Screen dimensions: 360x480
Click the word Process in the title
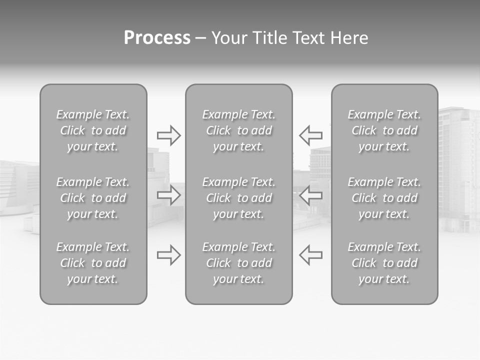(x=157, y=38)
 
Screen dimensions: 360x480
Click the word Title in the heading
(x=268, y=38)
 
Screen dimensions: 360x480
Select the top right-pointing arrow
(x=169, y=135)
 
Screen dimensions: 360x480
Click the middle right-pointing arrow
(x=169, y=195)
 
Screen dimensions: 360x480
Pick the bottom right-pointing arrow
(x=169, y=255)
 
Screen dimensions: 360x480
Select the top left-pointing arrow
(x=310, y=135)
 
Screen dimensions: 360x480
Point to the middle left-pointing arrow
(x=310, y=195)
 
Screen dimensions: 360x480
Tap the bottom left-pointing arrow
(x=310, y=255)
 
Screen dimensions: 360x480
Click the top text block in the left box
(x=93, y=130)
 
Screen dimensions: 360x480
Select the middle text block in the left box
(x=93, y=198)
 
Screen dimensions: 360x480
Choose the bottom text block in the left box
(x=93, y=263)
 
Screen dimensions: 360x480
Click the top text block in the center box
(x=239, y=130)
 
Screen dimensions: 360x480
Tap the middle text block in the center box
(x=239, y=198)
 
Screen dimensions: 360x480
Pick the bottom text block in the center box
(x=239, y=263)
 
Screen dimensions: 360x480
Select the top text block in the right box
(x=384, y=130)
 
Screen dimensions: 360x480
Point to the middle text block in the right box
(x=384, y=198)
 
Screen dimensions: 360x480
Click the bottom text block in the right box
(x=384, y=263)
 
